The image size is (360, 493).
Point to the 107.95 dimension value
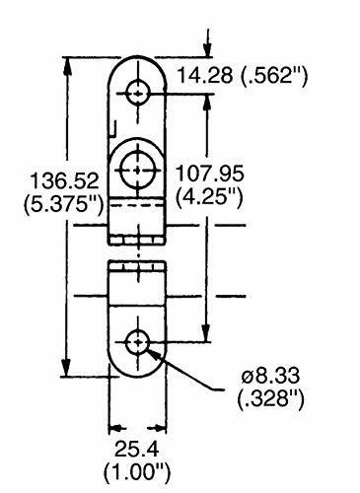pyautogui.click(x=208, y=175)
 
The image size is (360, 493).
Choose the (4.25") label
pyautogui.click(x=208, y=198)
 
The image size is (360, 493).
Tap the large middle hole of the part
pyautogui.click(x=138, y=168)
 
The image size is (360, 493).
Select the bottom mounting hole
pyautogui.click(x=138, y=343)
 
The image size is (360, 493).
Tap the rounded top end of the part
pyautogui.click(x=138, y=65)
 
